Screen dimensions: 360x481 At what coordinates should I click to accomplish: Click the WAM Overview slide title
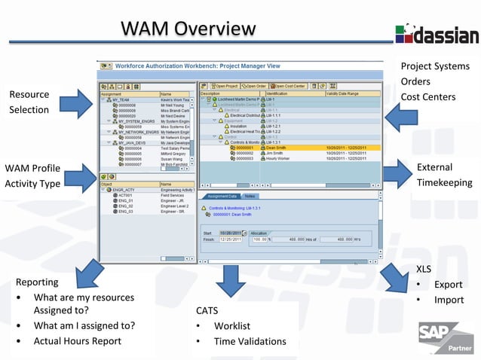pyautogui.click(x=188, y=29)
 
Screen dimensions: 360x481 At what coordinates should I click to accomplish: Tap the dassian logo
pyautogui.click(x=437, y=34)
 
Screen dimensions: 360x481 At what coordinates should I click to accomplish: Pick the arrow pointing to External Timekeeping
pyautogui.click(x=397, y=174)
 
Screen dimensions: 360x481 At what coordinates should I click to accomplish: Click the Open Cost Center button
pyautogui.click(x=290, y=87)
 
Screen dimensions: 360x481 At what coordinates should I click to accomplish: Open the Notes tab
pyautogui.click(x=250, y=196)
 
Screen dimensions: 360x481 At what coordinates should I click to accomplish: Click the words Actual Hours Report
pyautogui.click(x=77, y=341)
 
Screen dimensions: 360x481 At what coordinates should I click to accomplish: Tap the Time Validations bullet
pyautogui.click(x=250, y=342)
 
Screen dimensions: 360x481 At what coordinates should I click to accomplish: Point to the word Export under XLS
pyautogui.click(x=448, y=285)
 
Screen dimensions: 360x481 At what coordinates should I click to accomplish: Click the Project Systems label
pyautogui.click(x=434, y=66)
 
